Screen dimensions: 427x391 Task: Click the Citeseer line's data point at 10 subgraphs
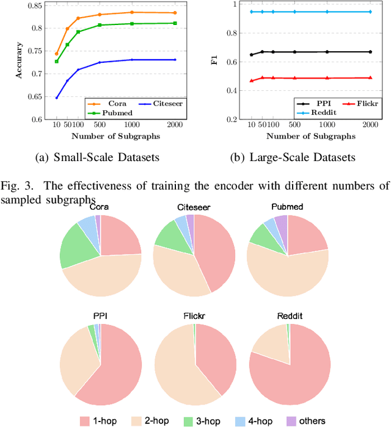pos(57,98)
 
